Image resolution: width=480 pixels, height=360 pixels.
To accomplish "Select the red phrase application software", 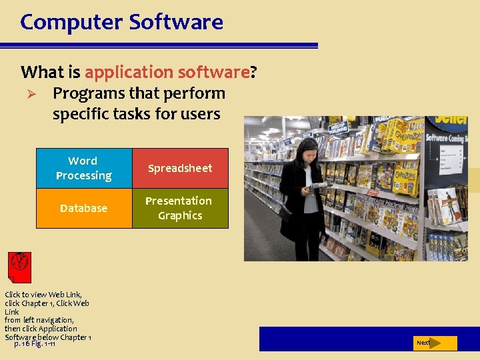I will pyautogui.click(x=167, y=72).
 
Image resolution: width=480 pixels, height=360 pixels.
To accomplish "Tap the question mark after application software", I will pyautogui.click(x=253, y=72).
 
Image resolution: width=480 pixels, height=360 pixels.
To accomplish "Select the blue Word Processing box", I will pyautogui.click(x=84, y=168).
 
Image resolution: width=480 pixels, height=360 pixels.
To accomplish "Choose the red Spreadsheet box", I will pyautogui.click(x=180, y=168).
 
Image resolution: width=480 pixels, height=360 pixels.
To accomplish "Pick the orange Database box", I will pyautogui.click(x=84, y=208).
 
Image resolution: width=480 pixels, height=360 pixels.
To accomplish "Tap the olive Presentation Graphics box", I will pyautogui.click(x=180, y=208).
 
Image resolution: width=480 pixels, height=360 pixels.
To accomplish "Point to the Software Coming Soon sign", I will pyautogui.click(x=445, y=138).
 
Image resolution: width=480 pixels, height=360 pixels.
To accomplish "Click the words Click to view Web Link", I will pyautogui.click(x=43, y=295).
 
